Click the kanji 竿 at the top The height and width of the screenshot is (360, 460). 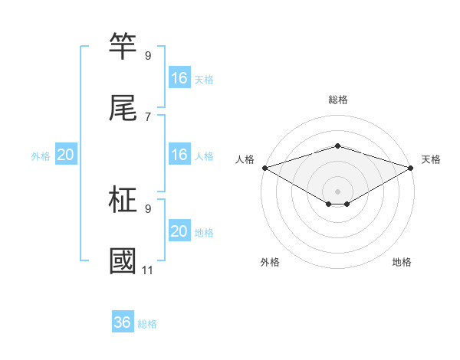coord(123,47)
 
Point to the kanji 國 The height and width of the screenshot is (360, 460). coord(123,261)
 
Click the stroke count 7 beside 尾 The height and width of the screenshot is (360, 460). coord(148,116)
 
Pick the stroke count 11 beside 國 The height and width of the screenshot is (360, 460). coord(148,270)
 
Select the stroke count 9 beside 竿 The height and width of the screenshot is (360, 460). coord(148,55)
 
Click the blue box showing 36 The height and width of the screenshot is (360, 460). coord(123,322)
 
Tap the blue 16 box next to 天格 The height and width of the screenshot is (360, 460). coord(179,78)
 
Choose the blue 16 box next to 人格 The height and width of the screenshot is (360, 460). coord(179,155)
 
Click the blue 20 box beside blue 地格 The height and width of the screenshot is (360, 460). coord(179,231)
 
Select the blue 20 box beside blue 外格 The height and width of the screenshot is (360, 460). coord(66,155)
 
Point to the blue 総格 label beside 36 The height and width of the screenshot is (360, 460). coord(147,324)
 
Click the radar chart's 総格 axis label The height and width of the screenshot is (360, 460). coord(337,100)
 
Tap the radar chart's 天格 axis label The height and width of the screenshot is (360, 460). coord(431,159)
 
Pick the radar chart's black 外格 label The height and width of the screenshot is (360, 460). coord(270,262)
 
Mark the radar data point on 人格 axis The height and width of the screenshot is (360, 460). coord(264,167)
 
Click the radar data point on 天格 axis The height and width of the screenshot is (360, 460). coord(411,167)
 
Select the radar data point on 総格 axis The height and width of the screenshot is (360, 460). coord(337,146)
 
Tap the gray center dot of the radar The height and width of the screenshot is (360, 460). coord(337,191)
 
